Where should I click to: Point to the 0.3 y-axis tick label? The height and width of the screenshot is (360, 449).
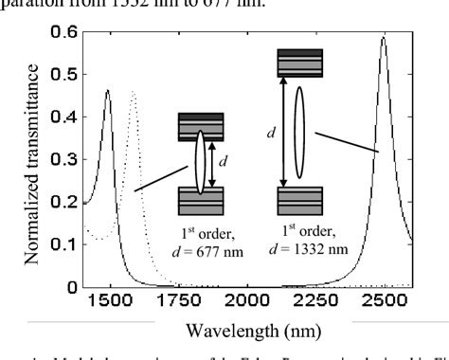(63, 158)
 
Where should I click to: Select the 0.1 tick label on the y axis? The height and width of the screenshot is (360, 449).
(63, 243)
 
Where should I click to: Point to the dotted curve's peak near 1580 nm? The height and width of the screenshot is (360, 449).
(134, 92)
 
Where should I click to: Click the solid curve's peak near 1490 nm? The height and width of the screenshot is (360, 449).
(108, 91)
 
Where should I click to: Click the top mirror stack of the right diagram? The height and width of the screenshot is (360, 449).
(299, 63)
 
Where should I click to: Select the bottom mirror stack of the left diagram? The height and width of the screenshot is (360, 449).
(201, 202)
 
